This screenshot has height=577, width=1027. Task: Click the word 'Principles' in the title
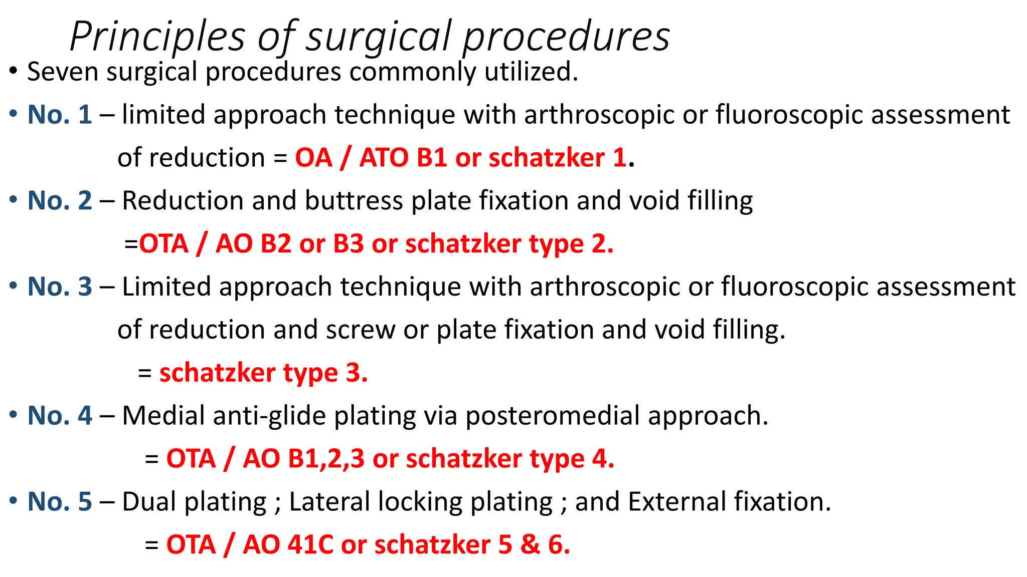(157, 37)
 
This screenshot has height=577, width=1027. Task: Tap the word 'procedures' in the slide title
(566, 37)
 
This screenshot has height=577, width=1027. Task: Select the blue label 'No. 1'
(60, 115)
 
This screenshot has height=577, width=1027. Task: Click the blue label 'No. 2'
(60, 201)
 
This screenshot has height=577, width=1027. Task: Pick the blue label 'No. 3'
(60, 287)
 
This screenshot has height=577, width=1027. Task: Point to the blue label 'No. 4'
(60, 416)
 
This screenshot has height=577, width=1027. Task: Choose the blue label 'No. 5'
(60, 502)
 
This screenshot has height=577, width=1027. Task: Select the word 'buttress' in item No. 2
(354, 201)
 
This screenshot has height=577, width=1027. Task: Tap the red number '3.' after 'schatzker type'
(357, 373)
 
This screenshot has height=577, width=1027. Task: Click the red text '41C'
(310, 545)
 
